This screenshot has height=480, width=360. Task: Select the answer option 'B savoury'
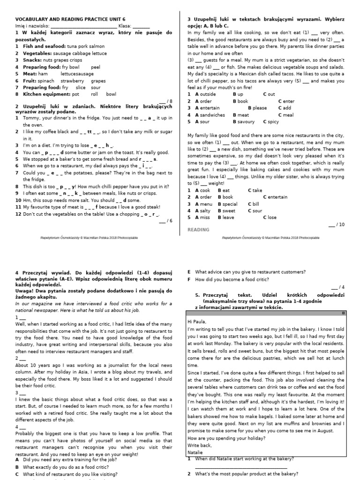(x=243, y=122)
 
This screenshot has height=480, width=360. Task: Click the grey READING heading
(x=198, y=230)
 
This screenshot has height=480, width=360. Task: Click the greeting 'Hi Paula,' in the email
(x=196, y=322)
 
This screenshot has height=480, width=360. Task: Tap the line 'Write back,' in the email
(x=199, y=445)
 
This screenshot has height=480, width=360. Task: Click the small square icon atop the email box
(x=343, y=313)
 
